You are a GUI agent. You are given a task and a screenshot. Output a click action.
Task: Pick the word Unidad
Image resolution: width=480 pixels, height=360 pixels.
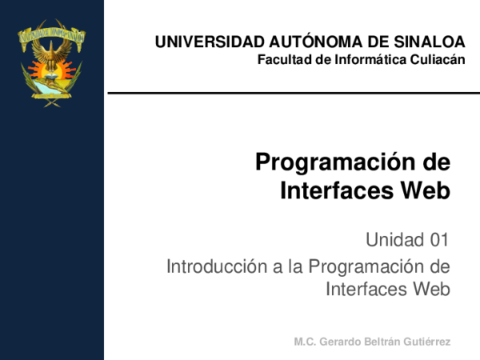pos(393,238)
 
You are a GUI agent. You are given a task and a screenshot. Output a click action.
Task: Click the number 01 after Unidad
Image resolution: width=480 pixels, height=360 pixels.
pos(438,238)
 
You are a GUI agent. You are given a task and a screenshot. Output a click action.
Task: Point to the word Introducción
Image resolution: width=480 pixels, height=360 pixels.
pos(211,265)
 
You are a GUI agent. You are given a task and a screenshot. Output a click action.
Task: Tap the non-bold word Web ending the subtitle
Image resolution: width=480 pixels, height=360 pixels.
pos(432,289)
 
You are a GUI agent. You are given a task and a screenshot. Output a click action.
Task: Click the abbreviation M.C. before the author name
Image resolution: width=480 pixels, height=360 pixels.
pos(307,342)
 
